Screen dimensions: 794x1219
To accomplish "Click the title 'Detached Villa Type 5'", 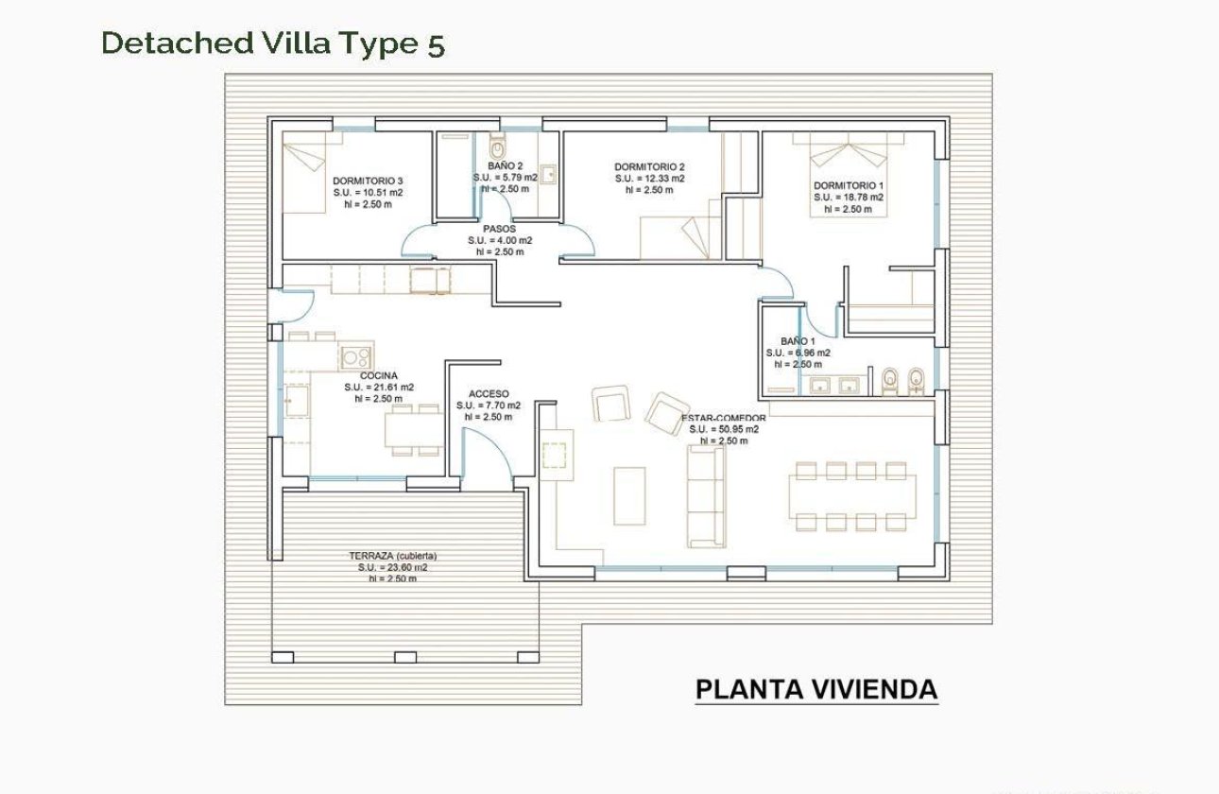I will pyautogui.click(x=272, y=43).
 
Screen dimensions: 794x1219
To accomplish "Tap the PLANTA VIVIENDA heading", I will pyautogui.click(x=816, y=690).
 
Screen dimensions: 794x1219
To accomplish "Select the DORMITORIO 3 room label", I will pyautogui.click(x=368, y=181).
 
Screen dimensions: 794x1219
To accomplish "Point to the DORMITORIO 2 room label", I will pyautogui.click(x=649, y=166).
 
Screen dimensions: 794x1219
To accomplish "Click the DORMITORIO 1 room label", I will pyautogui.click(x=849, y=185).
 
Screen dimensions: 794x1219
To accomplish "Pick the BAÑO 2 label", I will pyautogui.click(x=506, y=165).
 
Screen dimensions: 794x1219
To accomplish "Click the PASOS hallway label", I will pyautogui.click(x=499, y=229).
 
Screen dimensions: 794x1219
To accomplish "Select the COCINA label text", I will pyautogui.click(x=378, y=375).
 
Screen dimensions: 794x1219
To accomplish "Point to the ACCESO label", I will pyautogui.click(x=489, y=394).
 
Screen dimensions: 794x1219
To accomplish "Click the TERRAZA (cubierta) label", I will pyautogui.click(x=392, y=556).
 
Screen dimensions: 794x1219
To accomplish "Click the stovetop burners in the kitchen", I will pyautogui.click(x=356, y=357).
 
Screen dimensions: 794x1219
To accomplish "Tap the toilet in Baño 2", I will pyautogui.click(x=497, y=148).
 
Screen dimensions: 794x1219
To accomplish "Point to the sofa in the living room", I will pyautogui.click(x=705, y=495).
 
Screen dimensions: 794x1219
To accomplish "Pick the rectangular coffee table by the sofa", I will pyautogui.click(x=629, y=495).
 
